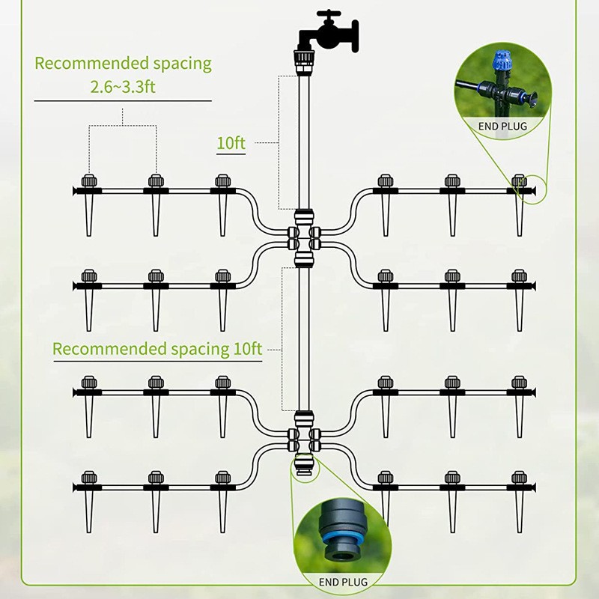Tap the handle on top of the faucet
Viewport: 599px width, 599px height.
pyautogui.click(x=328, y=14)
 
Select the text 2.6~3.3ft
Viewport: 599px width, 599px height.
pyautogui.click(x=123, y=87)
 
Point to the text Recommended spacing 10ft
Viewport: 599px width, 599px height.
pyautogui.click(x=157, y=349)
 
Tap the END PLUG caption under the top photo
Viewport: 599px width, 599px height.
pyautogui.click(x=502, y=127)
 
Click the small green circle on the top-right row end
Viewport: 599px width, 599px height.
pyautogui.click(x=534, y=190)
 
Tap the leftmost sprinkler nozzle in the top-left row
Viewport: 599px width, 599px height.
pyautogui.click(x=88, y=181)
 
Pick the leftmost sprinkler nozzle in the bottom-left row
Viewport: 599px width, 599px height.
pyautogui.click(x=88, y=477)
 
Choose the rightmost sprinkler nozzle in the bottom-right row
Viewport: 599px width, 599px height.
pyautogui.click(x=519, y=477)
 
